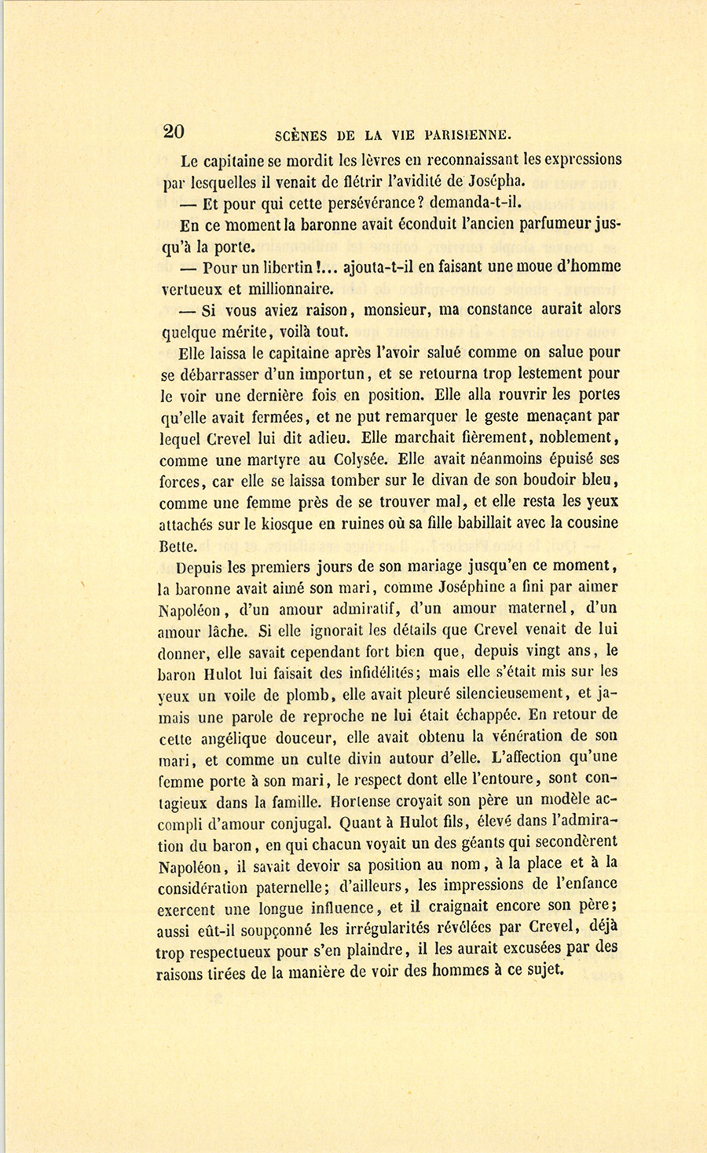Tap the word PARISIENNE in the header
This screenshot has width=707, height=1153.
468,134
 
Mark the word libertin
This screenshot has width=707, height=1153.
290,266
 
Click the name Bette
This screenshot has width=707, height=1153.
178,546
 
